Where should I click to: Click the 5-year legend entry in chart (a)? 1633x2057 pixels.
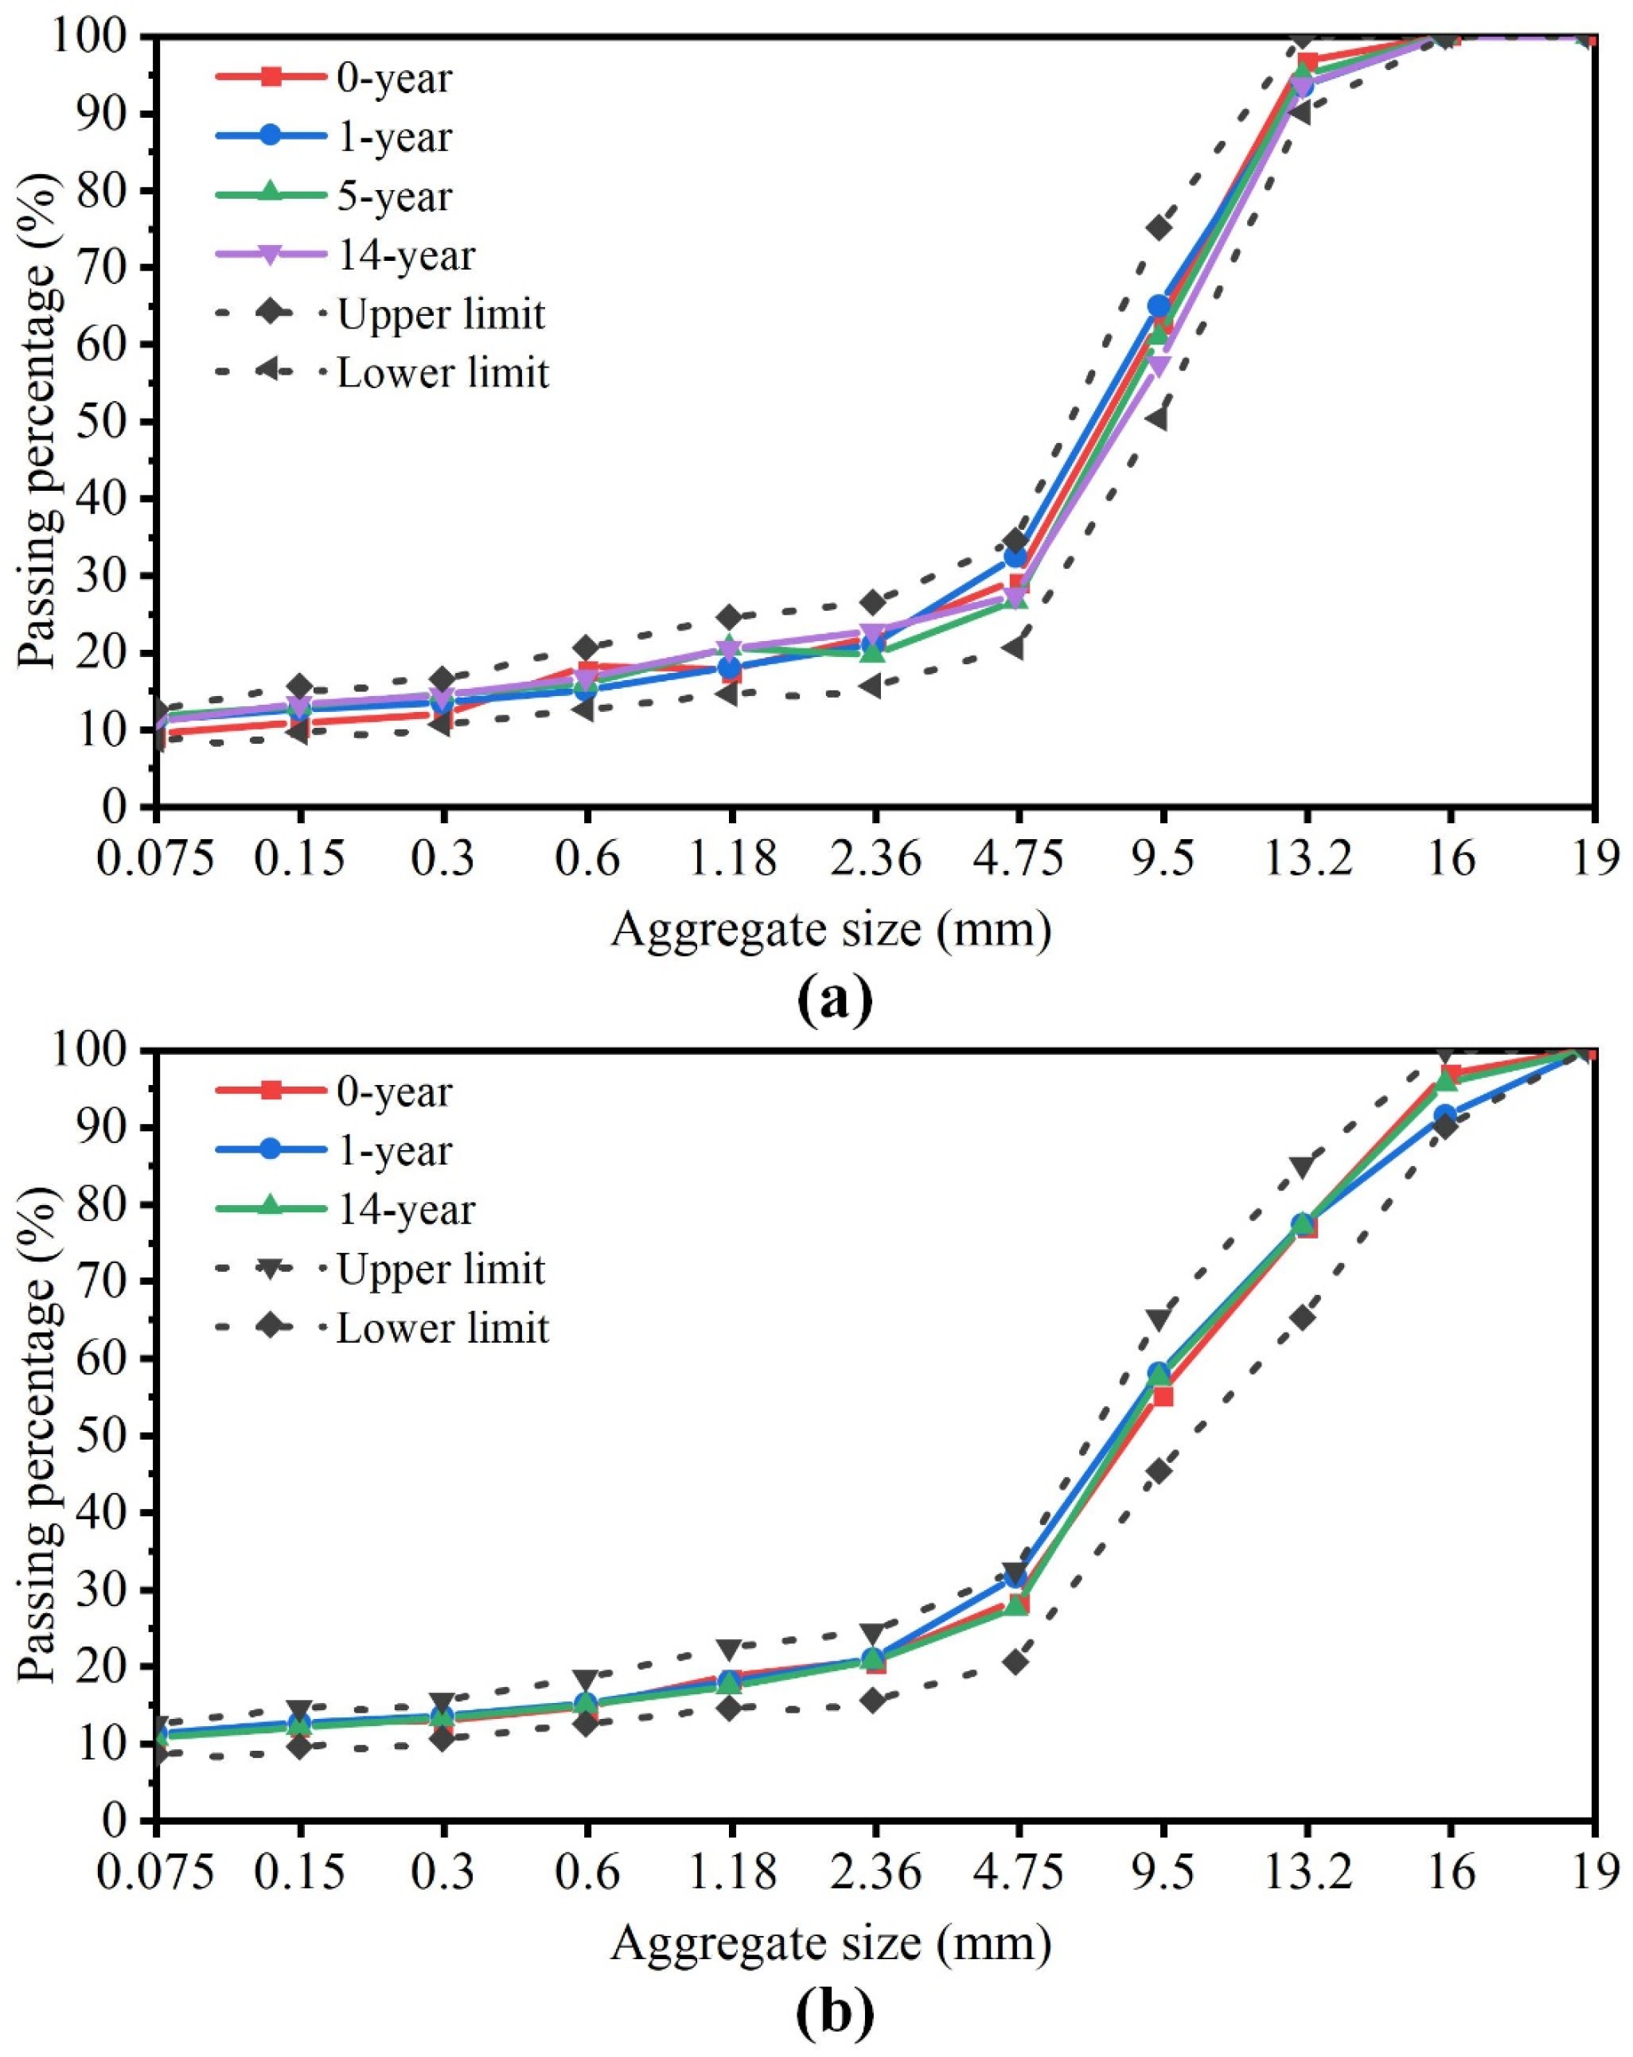393,196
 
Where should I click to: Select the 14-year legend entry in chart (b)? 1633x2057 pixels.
405,1209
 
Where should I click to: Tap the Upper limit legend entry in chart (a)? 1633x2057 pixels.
440,314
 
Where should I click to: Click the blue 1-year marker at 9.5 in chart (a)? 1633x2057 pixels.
1159,306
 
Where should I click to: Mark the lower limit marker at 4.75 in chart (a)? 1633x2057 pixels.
1015,647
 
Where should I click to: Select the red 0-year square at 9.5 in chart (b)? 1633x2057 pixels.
1163,1397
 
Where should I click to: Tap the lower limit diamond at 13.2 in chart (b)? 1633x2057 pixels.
1303,1317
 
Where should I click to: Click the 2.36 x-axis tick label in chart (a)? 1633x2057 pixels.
875,860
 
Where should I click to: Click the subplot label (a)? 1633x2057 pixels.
833,998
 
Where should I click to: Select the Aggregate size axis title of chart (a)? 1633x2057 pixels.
830,929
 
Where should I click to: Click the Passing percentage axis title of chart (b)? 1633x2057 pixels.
40,1436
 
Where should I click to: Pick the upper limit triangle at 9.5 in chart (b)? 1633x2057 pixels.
1159,1320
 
